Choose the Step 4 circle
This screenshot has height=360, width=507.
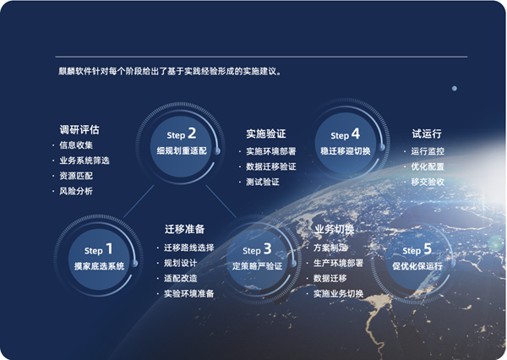coord(346,143)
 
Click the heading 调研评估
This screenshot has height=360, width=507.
coord(79,129)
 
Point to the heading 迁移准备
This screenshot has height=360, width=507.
coord(184,229)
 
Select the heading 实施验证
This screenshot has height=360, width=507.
coord(266,134)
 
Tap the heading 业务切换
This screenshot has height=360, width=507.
coord(335,229)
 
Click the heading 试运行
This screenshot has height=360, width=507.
coord(427,134)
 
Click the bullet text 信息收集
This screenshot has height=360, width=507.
coord(76,145)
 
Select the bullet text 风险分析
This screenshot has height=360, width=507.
coord(76,191)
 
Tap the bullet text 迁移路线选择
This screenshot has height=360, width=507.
coord(188,248)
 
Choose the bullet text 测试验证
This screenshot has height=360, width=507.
coord(263,182)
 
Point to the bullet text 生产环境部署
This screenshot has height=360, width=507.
coord(338,263)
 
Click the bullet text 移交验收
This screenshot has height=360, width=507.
coord(428,182)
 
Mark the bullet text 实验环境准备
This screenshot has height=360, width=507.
coord(188,294)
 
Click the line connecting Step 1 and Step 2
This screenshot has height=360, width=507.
coord(139,201)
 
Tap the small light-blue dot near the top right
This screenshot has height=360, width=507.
coord(455,88)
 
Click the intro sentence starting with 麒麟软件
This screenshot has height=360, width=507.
coord(170,71)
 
